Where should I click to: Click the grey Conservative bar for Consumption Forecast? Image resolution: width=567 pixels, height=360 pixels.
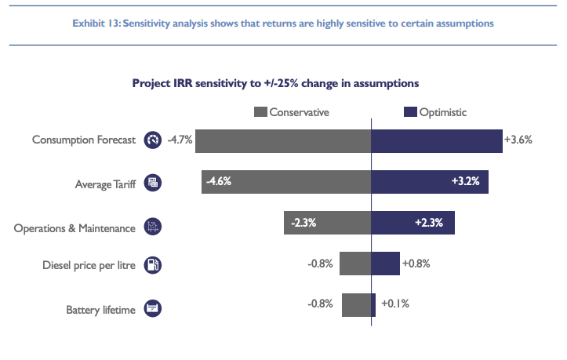tap(283, 140)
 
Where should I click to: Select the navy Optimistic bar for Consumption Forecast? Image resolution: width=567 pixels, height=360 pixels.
tap(436, 140)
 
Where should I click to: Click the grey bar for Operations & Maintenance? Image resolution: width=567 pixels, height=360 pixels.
tap(327, 223)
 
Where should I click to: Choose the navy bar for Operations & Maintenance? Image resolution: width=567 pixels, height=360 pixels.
tap(413, 223)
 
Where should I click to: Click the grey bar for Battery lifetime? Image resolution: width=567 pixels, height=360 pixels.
tap(356, 305)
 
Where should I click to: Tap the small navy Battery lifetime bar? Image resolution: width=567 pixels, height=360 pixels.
tap(373, 305)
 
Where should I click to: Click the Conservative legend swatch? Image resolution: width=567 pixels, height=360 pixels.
tap(261, 112)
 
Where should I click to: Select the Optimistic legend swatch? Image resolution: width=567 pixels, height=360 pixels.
tap(409, 112)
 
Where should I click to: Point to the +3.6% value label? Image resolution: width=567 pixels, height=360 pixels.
tap(518, 140)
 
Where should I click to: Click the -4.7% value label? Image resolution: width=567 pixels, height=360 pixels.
tap(180, 140)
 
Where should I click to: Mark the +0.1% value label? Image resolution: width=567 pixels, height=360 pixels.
tap(395, 304)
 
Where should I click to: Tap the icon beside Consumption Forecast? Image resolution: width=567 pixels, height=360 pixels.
tap(152, 140)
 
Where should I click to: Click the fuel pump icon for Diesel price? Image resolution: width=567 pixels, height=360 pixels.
tap(153, 265)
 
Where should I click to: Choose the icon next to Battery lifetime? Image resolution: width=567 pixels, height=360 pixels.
tap(153, 309)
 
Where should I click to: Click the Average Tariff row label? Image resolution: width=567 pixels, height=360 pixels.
tap(105, 185)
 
